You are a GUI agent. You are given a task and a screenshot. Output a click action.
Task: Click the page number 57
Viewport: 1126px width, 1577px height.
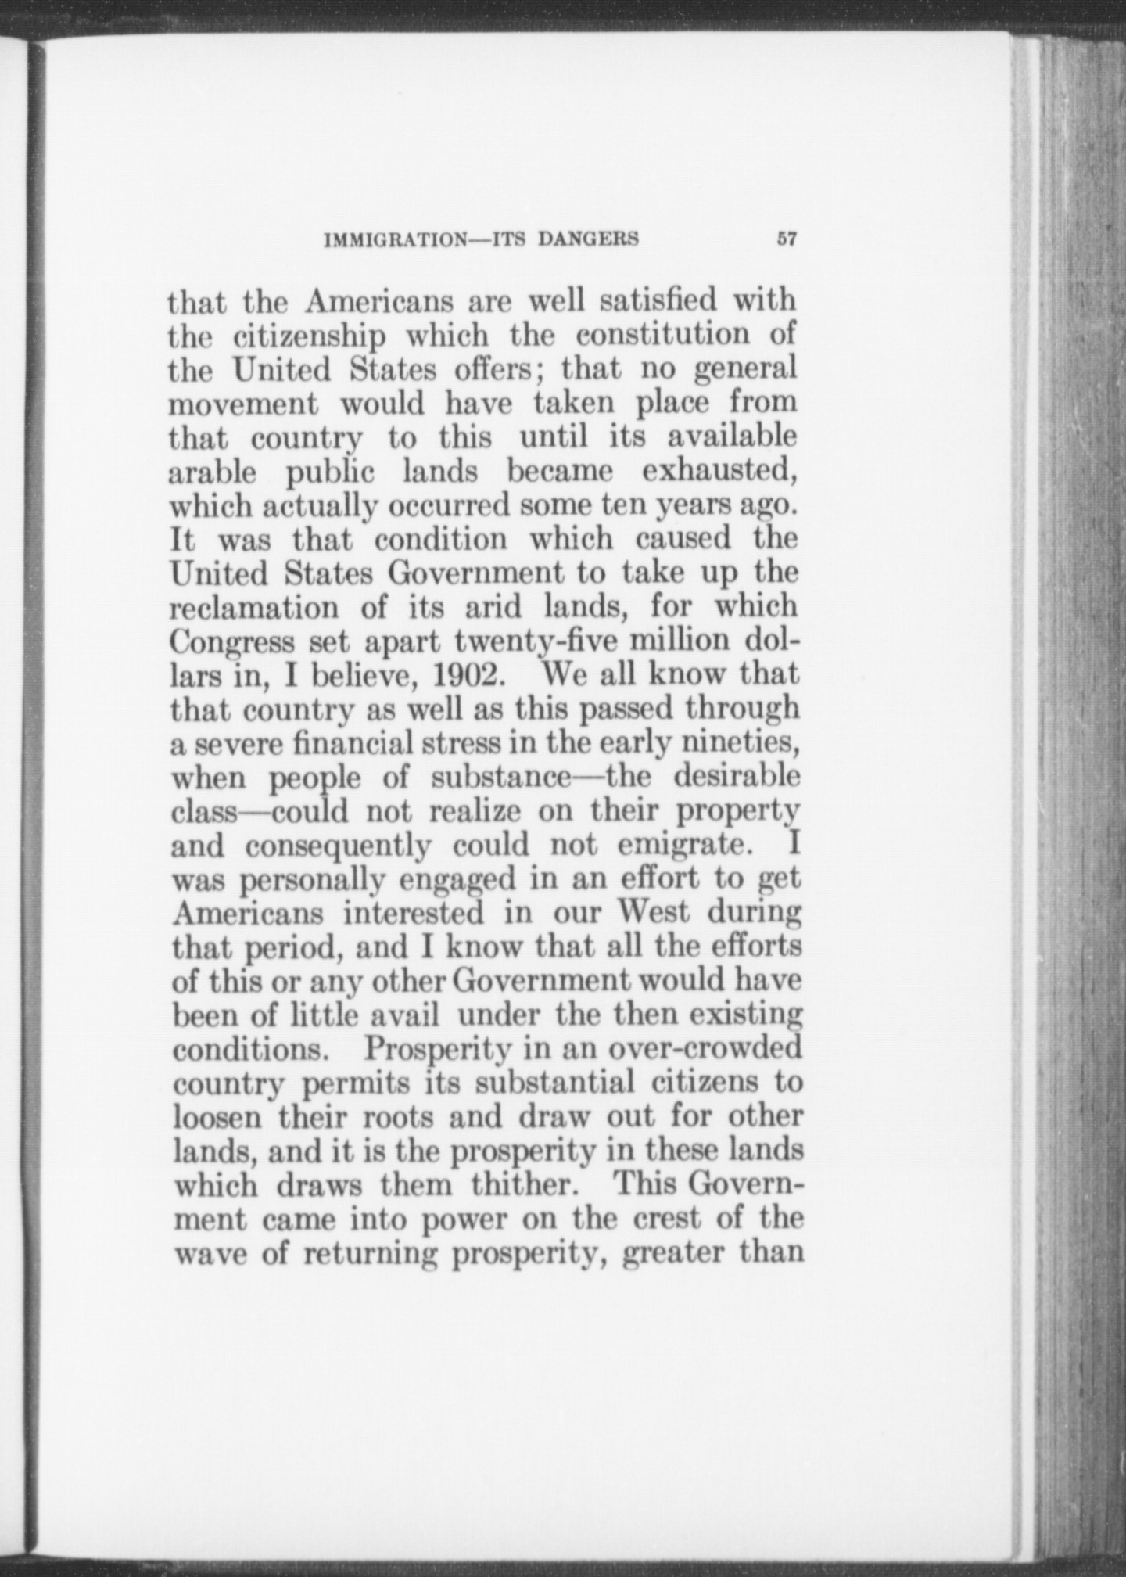click(786, 239)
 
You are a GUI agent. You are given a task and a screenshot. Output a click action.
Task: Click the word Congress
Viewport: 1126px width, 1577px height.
click(233, 643)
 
